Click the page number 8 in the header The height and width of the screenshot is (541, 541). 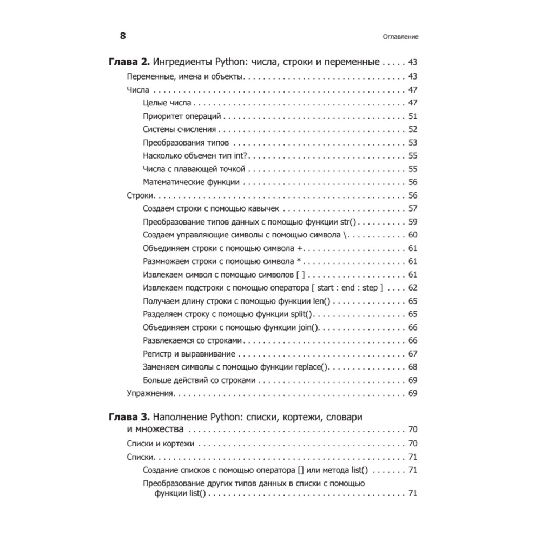pyautogui.click(x=123, y=36)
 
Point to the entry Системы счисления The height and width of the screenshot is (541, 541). pyautogui.click(x=180, y=129)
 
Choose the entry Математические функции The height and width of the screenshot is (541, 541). pyautogui.click(x=192, y=182)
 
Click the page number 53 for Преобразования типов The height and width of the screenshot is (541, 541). pyautogui.click(x=413, y=143)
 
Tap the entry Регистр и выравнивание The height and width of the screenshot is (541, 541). pyautogui.click(x=189, y=354)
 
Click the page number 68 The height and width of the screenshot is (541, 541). pyautogui.click(x=413, y=367)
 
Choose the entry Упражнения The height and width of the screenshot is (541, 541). pyautogui.click(x=149, y=394)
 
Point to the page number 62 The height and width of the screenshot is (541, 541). pyautogui.click(x=413, y=288)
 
